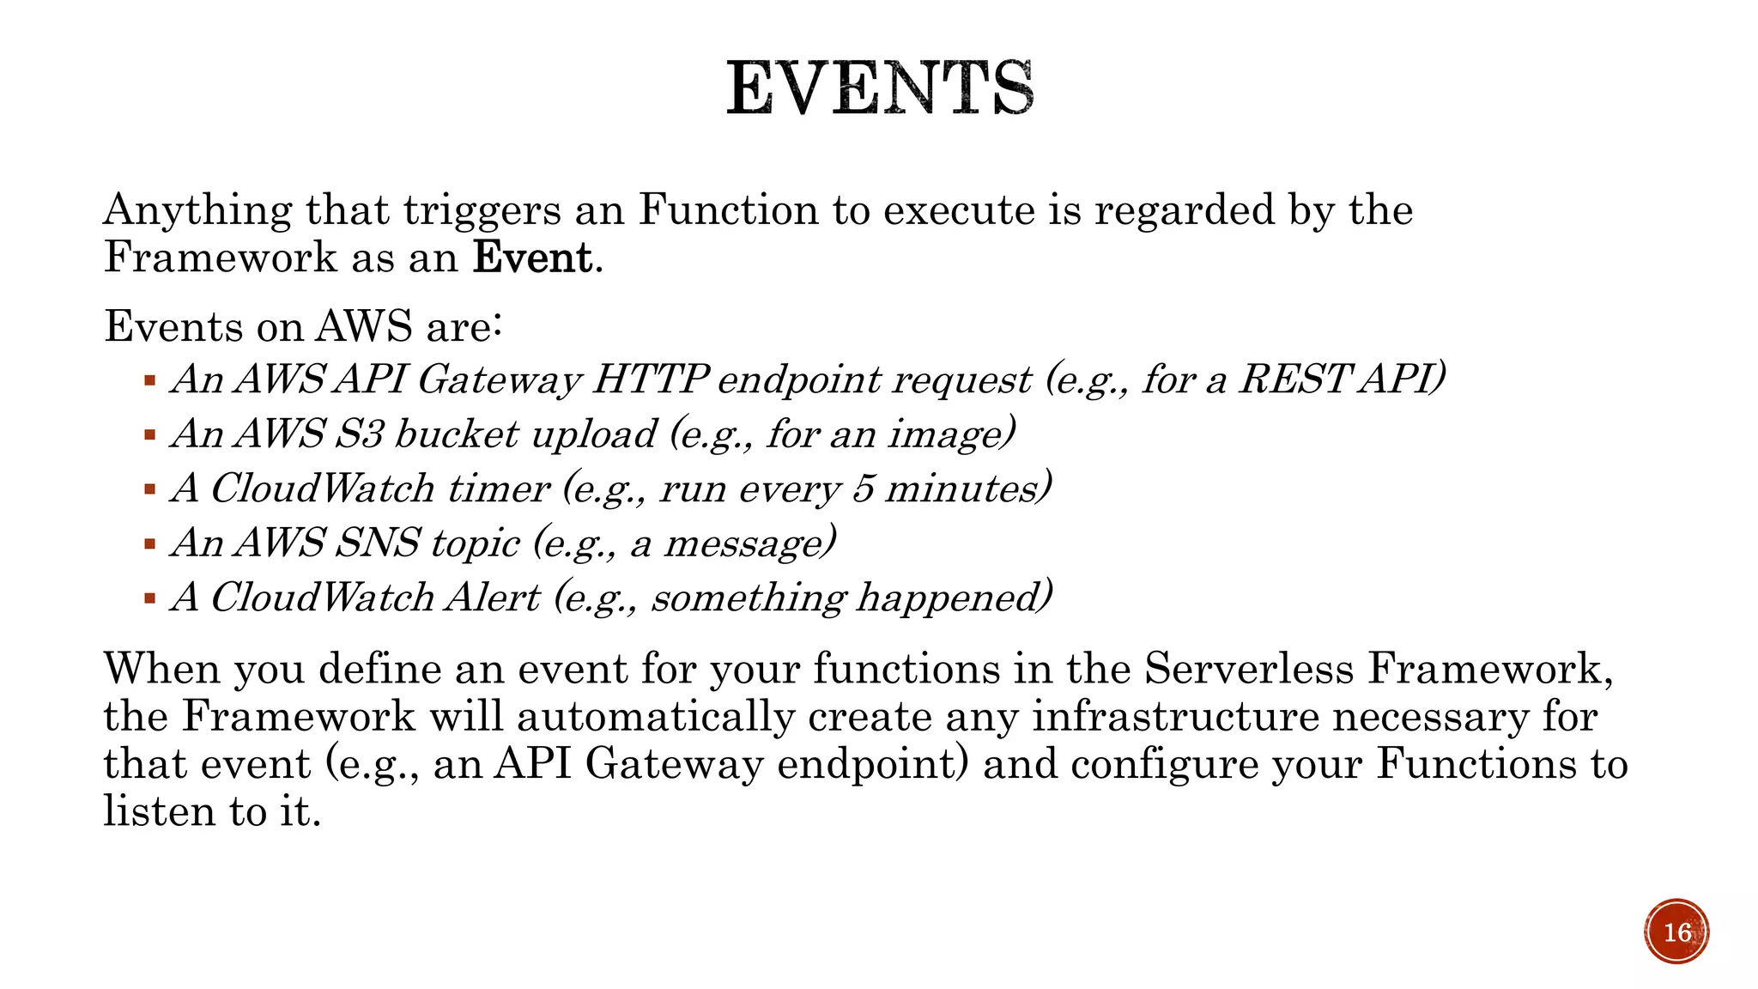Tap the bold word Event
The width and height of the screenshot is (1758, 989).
pyautogui.click(x=532, y=258)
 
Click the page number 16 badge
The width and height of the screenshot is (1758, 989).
pyautogui.click(x=1676, y=932)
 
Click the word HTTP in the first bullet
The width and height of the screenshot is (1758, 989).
pyautogui.click(x=650, y=379)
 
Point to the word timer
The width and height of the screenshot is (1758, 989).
pyautogui.click(x=498, y=488)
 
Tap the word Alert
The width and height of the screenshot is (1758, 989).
pyautogui.click(x=493, y=598)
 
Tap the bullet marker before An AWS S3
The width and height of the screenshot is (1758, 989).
pyautogui.click(x=150, y=435)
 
